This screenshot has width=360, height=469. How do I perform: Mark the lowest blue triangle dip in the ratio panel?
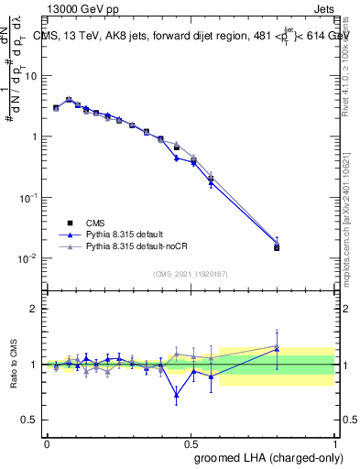pos(176,395)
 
